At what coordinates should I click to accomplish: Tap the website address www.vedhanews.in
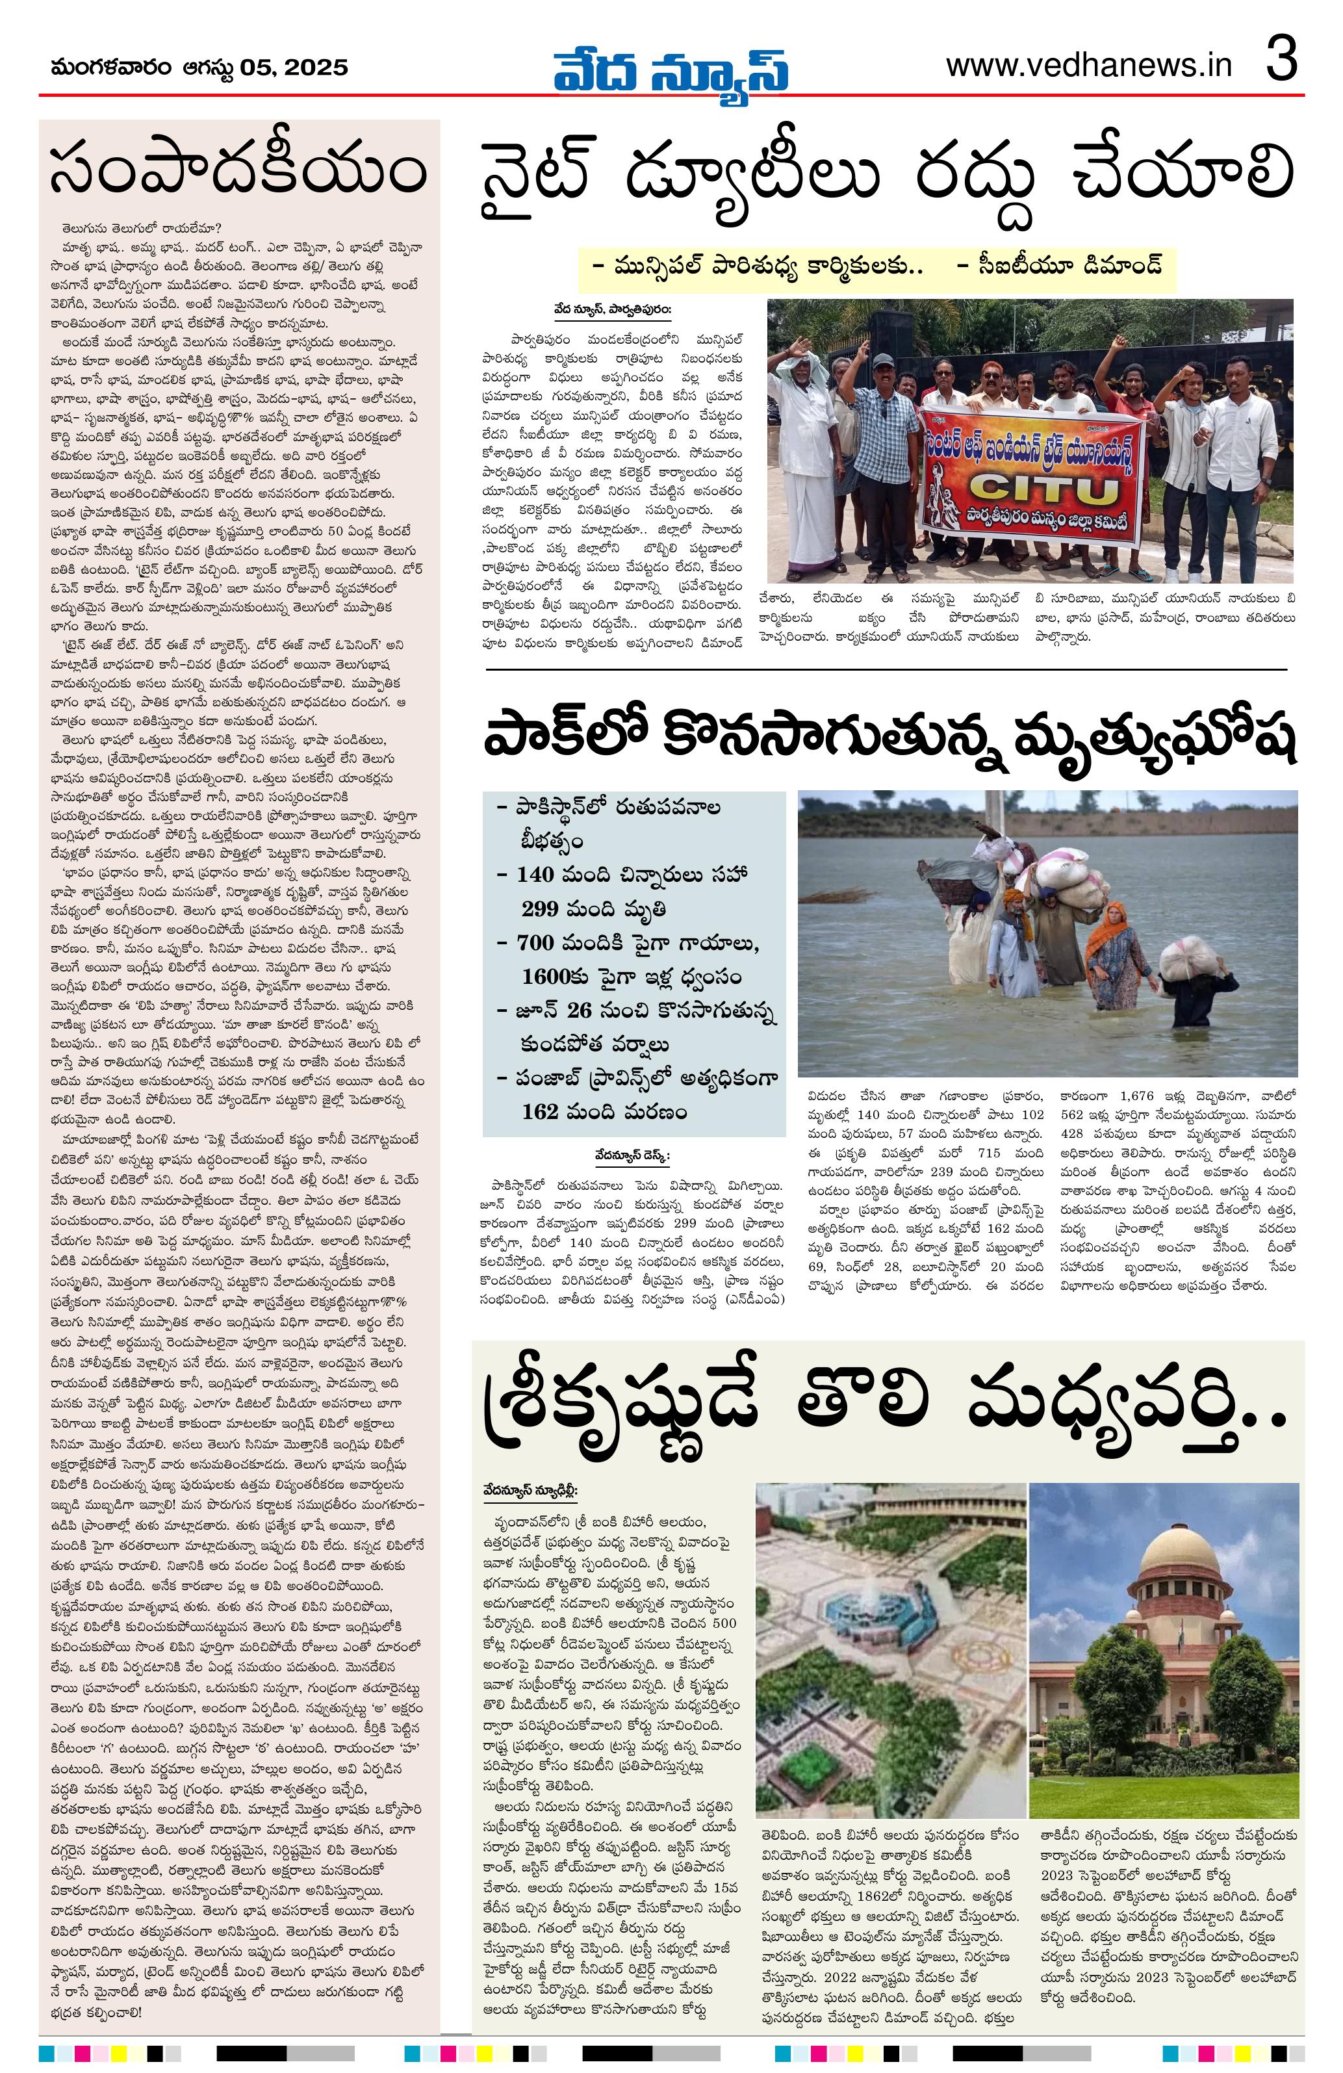click(1089, 66)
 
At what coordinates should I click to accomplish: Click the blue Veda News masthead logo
click(671, 69)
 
